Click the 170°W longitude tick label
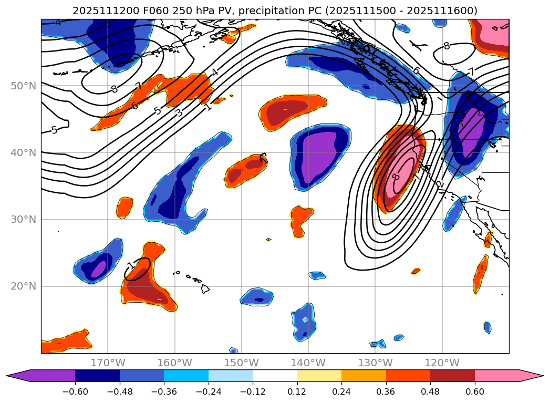pos(108,363)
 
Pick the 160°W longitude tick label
pos(174,363)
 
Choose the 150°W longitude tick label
pos(241,363)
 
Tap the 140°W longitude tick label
pos(308,363)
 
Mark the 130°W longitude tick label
pos(375,363)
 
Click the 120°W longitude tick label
pos(442,363)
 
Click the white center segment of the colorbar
pos(275,375)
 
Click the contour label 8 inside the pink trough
pos(396,178)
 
